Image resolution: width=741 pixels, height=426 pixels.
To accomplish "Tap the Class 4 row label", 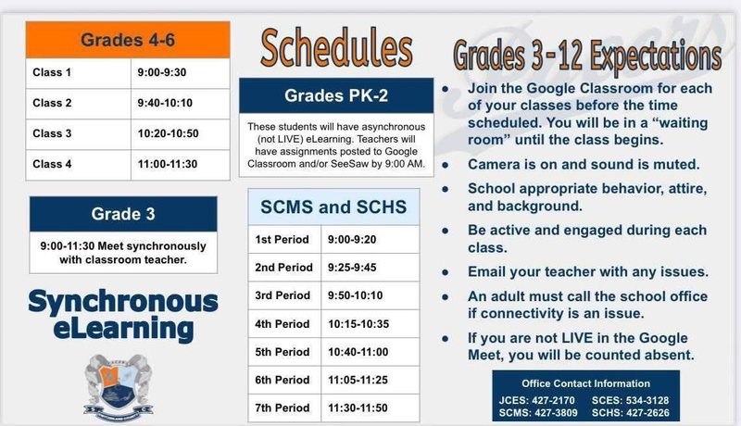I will click(52, 164).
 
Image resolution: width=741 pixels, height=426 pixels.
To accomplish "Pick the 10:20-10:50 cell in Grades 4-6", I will click(168, 133).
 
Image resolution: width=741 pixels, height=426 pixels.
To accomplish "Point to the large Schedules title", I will click(336, 48).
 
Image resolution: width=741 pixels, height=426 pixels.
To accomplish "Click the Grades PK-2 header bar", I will click(336, 94).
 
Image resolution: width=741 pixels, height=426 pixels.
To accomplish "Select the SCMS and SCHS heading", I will click(332, 207).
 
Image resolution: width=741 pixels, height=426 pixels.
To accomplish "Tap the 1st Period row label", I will click(283, 240).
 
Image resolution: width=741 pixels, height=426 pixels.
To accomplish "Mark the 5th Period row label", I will click(283, 352).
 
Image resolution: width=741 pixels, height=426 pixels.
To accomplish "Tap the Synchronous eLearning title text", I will click(123, 314).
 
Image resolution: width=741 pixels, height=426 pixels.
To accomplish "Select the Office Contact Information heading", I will click(585, 383).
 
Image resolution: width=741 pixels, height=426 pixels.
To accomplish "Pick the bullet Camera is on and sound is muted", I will click(583, 165).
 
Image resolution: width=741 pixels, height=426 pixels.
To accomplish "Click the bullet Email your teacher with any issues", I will click(587, 272).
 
